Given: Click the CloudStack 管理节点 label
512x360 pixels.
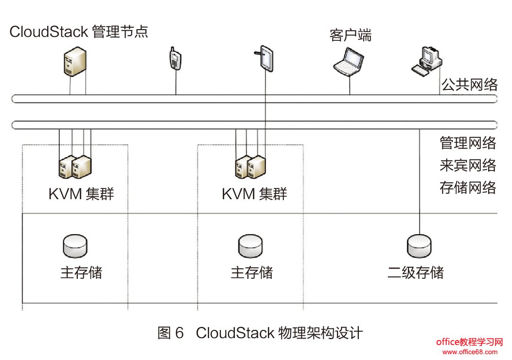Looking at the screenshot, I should click(x=78, y=32).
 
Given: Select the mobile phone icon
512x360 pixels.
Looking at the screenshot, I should click(x=175, y=59).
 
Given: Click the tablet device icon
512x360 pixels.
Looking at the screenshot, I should click(x=265, y=59).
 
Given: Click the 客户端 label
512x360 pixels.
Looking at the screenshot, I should click(x=350, y=35).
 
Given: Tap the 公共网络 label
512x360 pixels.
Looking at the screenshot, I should click(x=469, y=85).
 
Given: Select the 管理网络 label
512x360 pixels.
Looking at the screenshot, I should click(x=468, y=143).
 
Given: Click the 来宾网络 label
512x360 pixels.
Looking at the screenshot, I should click(x=468, y=165).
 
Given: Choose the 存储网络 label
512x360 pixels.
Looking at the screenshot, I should click(x=468, y=188).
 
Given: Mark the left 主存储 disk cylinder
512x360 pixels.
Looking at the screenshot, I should click(x=75, y=246).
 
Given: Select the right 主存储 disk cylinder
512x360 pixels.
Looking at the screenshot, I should click(x=250, y=246).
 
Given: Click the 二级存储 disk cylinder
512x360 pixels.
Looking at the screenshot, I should click(x=419, y=246).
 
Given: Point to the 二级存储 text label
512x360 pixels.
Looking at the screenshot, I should click(x=415, y=272).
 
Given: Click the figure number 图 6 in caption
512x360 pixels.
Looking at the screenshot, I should click(x=171, y=333).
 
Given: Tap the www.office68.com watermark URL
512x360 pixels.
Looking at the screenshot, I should click(x=470, y=352).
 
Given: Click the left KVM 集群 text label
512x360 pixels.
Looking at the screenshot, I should click(x=81, y=194).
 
